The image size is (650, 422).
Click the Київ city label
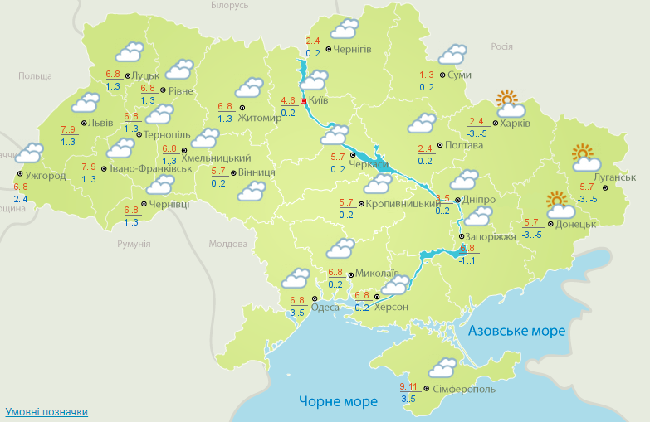pos(319,101)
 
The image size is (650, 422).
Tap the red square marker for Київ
pos(304,101)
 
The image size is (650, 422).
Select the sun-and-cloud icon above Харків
pos(510,104)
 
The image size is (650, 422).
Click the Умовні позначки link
pos(46,411)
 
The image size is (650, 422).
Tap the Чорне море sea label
pos(338,401)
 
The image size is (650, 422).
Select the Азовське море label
pos(516,331)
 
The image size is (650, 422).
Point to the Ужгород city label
pos(45,176)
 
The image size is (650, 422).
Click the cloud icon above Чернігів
pos(344,30)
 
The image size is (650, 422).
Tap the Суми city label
pos(459,75)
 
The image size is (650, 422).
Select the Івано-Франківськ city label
pos(151,168)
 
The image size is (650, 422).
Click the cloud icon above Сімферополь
pos(442,367)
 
